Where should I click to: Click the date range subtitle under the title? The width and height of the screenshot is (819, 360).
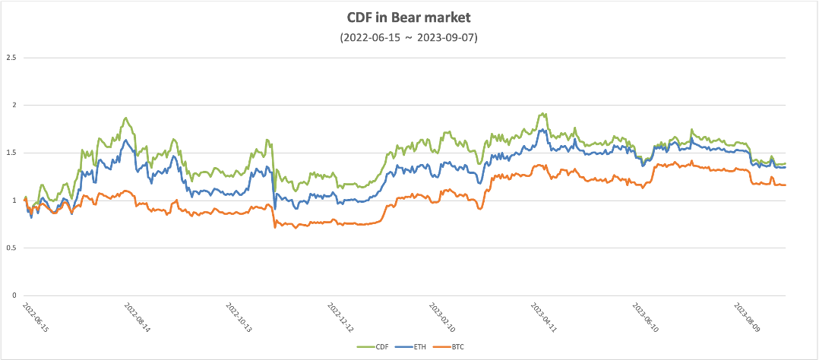(409, 37)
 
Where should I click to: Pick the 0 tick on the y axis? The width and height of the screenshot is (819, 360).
(14, 295)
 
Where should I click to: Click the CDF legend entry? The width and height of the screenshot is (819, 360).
(370, 347)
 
